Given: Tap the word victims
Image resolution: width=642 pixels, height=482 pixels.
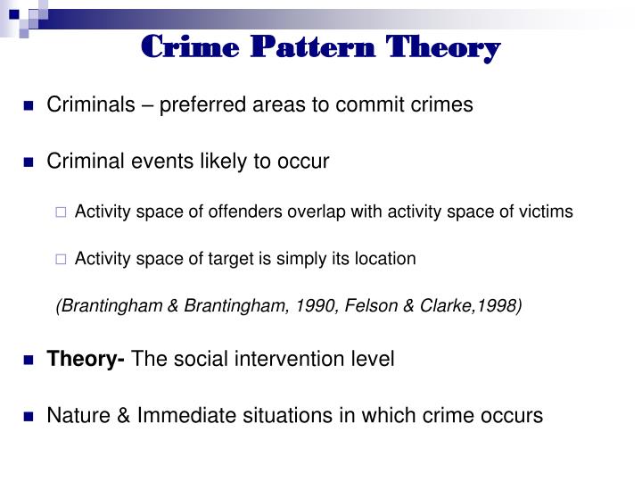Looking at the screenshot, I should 547,212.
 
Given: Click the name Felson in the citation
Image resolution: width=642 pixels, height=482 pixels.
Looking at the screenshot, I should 383,306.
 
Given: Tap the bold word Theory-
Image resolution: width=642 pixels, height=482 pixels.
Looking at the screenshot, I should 86,359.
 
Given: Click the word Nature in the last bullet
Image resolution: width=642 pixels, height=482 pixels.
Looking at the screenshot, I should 76,416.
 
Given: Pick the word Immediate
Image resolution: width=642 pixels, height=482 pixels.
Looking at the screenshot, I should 176,416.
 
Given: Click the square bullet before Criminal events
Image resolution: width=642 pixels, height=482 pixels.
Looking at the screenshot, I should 29,162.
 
